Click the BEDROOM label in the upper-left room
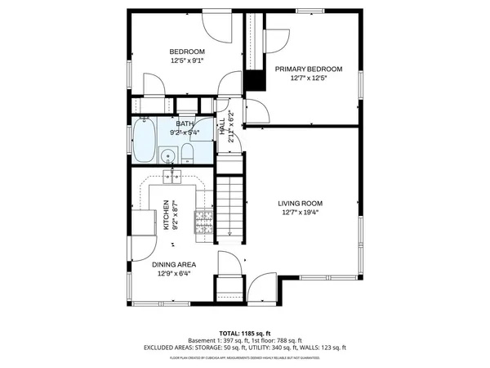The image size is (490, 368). pos(187,51)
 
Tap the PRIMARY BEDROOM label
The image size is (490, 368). pos(308,69)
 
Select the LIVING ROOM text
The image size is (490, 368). pos(301,204)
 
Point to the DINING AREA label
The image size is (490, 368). pos(175,264)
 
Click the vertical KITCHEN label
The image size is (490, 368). pos(166,214)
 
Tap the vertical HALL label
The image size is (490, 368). pos(222,128)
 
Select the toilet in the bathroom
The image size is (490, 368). pos(188,153)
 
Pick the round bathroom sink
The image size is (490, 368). pos(168,155)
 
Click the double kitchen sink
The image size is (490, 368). pos(173,174)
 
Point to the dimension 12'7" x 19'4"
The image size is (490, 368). pos(301,213)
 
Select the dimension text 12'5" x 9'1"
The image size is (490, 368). pos(187,61)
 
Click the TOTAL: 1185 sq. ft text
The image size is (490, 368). pos(245,334)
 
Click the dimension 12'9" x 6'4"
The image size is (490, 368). pos(175,274)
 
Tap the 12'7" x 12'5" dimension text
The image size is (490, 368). pos(308,79)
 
